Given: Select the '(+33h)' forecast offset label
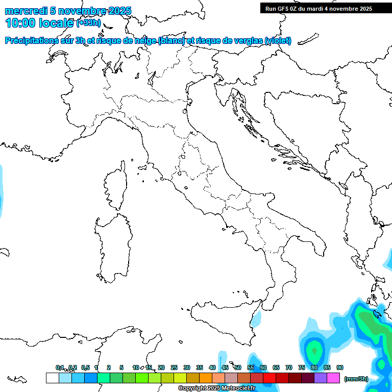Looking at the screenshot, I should coord(88,22).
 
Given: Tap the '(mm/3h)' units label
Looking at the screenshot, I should coord(356,378).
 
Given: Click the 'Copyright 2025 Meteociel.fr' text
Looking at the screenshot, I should coord(217,388).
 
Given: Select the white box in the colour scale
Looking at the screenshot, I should coord(52,378).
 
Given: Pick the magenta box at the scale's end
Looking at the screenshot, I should coord(333,378).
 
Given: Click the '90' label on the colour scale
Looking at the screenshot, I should coord(340,367).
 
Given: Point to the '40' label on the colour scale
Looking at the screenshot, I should coord(212,367).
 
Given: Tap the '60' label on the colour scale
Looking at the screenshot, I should coord(263,367).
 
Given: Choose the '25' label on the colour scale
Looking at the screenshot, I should coord(174,367).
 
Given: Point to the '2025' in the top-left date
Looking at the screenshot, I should coord(120,11).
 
